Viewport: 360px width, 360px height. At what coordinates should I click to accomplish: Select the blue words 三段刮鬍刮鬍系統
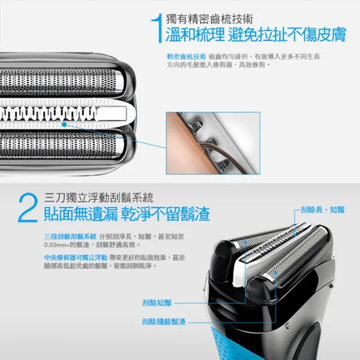pos(70,236)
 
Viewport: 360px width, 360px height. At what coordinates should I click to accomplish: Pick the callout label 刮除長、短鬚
pos(322,209)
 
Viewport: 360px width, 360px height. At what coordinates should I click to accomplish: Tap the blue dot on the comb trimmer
pos(65,124)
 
